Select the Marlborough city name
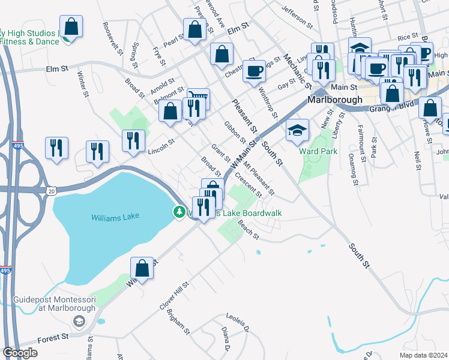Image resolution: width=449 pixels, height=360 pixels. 335,100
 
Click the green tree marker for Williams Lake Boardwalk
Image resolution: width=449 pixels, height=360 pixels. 179,212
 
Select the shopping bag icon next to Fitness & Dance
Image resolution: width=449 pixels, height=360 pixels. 71,27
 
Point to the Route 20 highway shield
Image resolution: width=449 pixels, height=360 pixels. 52,190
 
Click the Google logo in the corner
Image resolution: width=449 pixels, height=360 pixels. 20,353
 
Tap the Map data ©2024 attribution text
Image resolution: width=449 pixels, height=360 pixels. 423,355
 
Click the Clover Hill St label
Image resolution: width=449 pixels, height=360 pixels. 174,296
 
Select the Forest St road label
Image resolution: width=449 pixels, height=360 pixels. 52,339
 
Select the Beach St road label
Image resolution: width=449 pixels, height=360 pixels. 247,227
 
